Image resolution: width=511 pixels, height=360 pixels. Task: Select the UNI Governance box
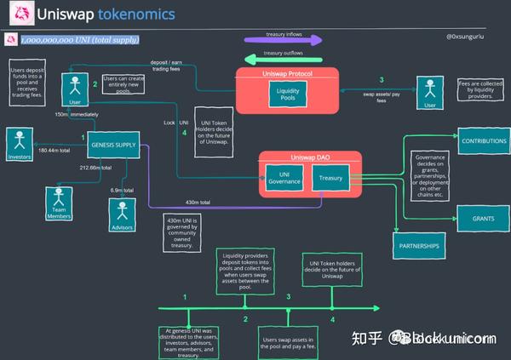tap(284, 178)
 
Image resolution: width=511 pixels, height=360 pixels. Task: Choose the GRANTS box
tap(484, 218)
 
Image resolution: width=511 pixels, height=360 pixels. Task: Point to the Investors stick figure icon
tap(19, 141)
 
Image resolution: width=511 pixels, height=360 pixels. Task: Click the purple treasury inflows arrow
tap(283, 39)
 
